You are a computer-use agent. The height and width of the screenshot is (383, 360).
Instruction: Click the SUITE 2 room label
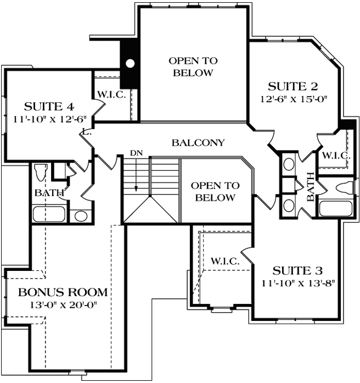coord(293,86)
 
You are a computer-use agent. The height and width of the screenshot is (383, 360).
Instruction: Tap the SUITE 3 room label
coord(298,270)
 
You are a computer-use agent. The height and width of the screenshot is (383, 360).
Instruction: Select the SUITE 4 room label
coord(49,106)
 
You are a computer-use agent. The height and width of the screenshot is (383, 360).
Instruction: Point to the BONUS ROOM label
coord(63,291)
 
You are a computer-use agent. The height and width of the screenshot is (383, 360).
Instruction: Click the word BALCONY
coord(198,143)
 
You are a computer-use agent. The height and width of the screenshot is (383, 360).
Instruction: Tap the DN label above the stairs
coord(136,152)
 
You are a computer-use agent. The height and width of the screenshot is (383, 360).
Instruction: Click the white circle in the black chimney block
coord(130,63)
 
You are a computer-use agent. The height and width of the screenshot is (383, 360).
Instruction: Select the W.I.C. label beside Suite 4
coord(112,94)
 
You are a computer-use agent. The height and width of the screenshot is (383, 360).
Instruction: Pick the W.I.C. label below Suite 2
coord(336,156)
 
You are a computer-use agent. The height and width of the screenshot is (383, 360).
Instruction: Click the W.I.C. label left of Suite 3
coord(225,262)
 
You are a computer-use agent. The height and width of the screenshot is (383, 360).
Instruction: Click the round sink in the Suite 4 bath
coord(81,216)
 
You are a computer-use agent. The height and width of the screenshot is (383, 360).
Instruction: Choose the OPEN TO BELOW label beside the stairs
coord(215,192)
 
